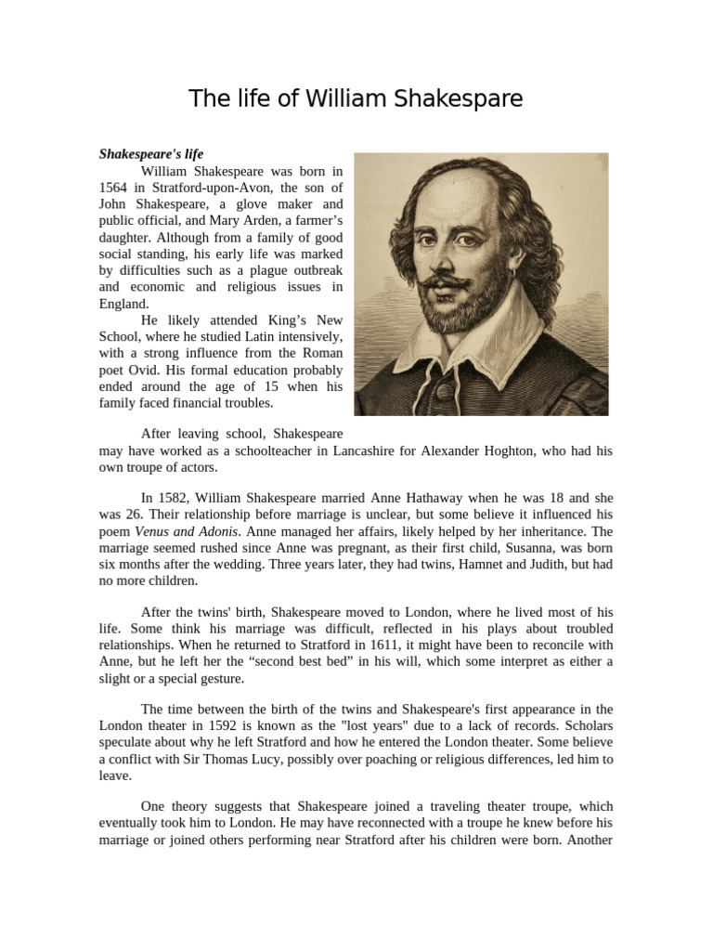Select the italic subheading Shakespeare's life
[x=151, y=153]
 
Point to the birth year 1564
[x=116, y=187]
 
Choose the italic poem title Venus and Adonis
[x=188, y=532]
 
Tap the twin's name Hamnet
[x=443, y=566]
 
